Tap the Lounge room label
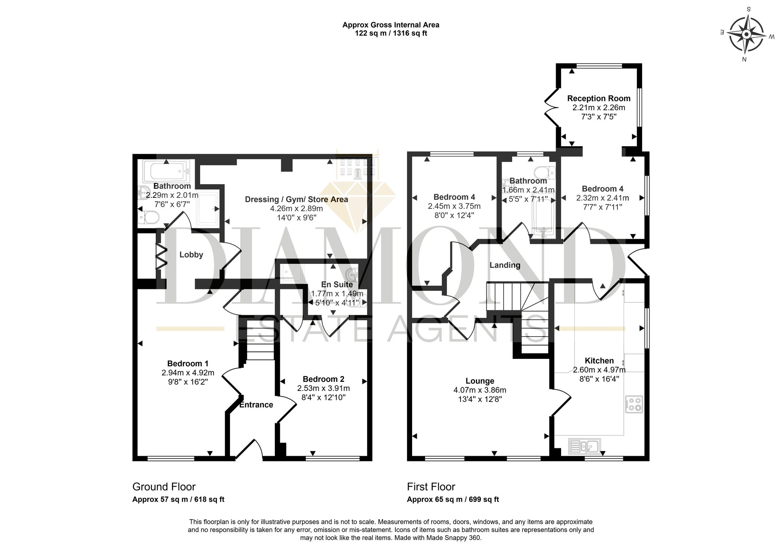[x=480, y=381]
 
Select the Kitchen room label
[x=599, y=360]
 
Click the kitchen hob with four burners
[x=634, y=404]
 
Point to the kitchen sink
[x=584, y=446]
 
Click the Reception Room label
[x=599, y=98]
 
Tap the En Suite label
[x=337, y=285]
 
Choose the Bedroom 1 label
[x=188, y=364]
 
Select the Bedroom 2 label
[x=323, y=379]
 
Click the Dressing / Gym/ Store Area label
[x=296, y=199]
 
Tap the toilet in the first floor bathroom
[x=545, y=171]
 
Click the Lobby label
[x=191, y=255]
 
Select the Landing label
[x=505, y=265]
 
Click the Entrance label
[x=256, y=405]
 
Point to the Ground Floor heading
[x=164, y=487]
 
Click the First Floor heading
[x=431, y=487]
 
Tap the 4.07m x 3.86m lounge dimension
[x=480, y=390]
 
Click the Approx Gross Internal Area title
[x=391, y=25]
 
